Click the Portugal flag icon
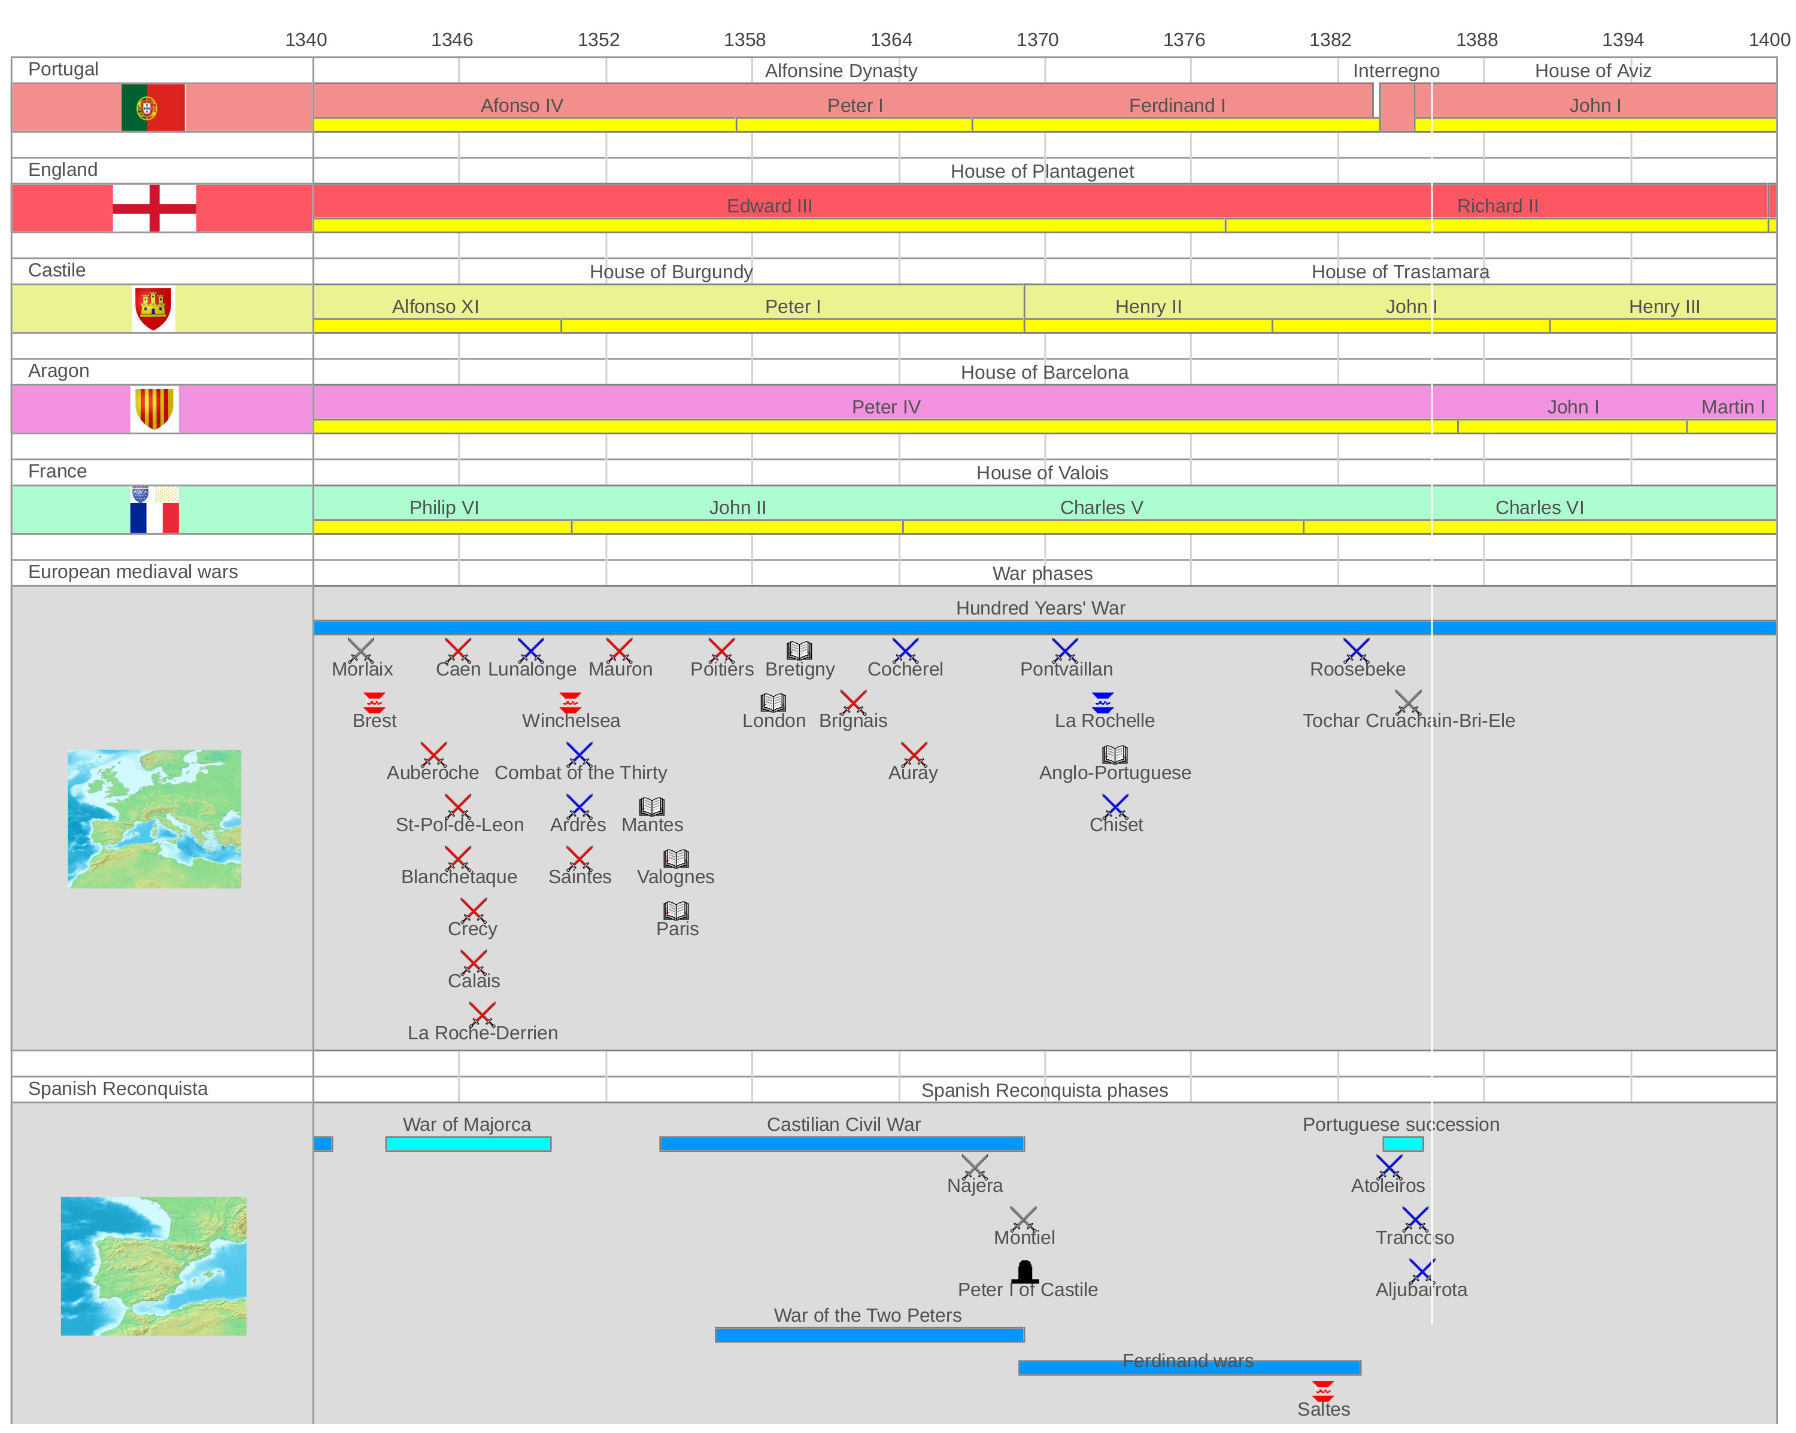point(153,108)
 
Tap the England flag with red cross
point(154,208)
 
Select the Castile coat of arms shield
point(153,308)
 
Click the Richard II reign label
point(1497,206)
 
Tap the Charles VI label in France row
point(1539,508)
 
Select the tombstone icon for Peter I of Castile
point(1025,1271)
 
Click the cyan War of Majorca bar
point(468,1144)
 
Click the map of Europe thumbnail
point(154,819)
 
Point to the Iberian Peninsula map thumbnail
point(153,1265)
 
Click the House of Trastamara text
point(1400,272)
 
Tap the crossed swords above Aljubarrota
point(1421,1271)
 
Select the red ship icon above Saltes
point(1323,1391)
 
